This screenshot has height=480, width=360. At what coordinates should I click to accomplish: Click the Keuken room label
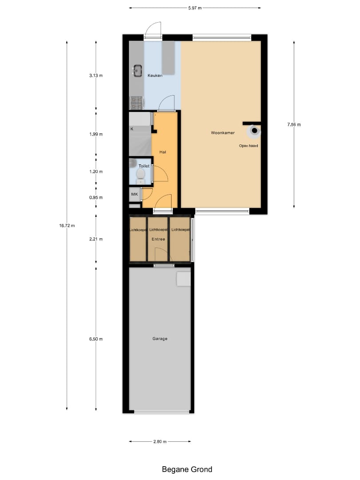coord(155,75)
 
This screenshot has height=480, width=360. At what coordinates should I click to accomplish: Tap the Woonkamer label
coord(223,132)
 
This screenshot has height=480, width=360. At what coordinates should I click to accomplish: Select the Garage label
coord(160,339)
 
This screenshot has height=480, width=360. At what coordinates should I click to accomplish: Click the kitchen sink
coord(137,71)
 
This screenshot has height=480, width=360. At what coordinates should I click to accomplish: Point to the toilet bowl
coord(140,174)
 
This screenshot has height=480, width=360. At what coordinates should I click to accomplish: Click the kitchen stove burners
coord(136,103)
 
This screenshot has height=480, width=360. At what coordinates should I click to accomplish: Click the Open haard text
coord(248,146)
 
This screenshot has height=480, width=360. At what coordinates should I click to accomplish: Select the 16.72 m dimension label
coord(67,226)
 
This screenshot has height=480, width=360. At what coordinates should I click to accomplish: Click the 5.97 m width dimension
coord(195,8)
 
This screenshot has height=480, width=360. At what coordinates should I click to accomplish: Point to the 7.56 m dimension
coord(294,124)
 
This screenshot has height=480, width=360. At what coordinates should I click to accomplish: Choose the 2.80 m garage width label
coord(160,441)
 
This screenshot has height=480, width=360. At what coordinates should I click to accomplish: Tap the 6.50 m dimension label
coord(96,339)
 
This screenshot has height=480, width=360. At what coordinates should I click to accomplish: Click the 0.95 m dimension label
coord(96,197)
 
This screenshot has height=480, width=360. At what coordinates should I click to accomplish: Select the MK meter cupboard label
coord(134,194)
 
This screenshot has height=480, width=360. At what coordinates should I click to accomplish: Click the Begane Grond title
coord(187,469)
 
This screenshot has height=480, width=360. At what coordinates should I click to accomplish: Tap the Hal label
coord(163,152)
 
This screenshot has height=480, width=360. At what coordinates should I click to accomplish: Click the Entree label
coord(158,239)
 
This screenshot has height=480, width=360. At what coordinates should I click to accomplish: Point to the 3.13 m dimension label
coord(96,75)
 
